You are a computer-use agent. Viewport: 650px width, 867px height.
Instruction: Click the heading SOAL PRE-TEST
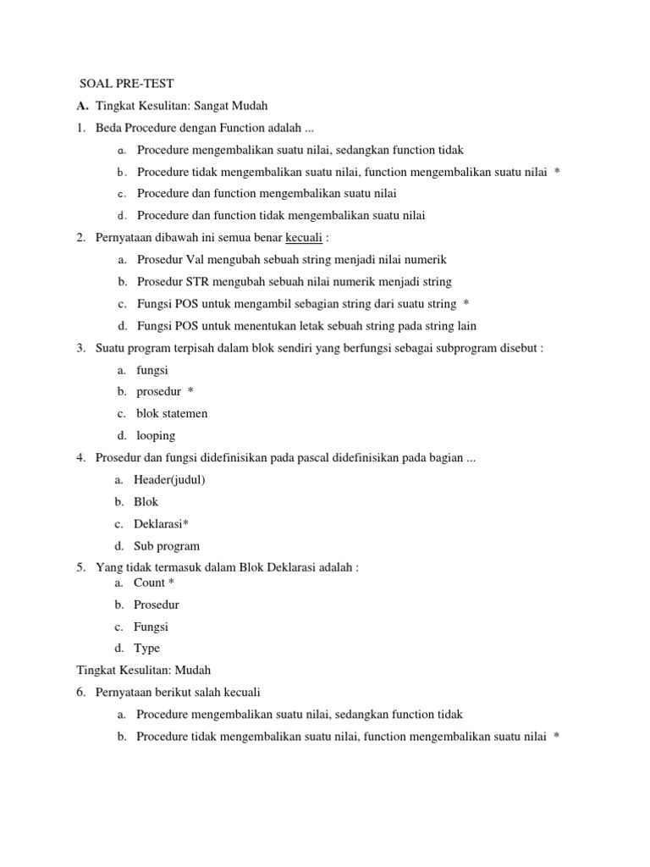126,83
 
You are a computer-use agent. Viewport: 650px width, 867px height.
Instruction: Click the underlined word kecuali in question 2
304,237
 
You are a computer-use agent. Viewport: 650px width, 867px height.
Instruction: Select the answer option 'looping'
156,435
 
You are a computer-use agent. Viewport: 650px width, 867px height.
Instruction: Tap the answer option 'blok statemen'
172,413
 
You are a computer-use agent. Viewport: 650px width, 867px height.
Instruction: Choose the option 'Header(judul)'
169,479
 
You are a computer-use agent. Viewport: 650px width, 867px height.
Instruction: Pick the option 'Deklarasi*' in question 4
161,523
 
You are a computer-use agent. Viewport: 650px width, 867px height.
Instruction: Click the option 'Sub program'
167,545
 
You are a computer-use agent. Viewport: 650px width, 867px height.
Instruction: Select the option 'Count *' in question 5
154,583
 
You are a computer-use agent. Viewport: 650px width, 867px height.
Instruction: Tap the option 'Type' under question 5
146,649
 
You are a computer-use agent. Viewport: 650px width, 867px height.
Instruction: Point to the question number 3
80,348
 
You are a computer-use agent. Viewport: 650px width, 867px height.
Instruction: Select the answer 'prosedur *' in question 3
165,391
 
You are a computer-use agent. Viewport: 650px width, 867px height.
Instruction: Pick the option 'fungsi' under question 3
152,370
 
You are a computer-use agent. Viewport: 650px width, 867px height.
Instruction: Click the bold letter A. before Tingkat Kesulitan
81,106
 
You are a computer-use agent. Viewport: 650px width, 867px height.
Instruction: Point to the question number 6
80,692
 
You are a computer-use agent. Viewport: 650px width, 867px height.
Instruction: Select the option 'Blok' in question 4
146,501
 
